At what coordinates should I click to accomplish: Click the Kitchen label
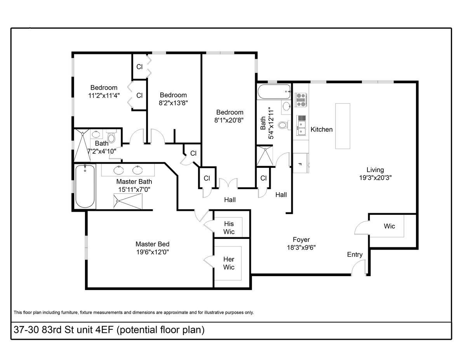point(322,129)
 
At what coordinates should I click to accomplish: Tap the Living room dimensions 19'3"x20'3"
point(375,177)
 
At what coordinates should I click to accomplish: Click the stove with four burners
point(301,99)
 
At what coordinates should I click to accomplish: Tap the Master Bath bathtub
point(85,186)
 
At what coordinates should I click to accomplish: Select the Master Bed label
point(152,244)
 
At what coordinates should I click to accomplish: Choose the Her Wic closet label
point(229,263)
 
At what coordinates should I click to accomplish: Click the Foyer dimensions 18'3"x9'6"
point(301,247)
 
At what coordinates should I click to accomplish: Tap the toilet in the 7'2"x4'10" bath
point(111,137)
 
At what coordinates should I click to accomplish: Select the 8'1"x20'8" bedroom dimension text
point(230,120)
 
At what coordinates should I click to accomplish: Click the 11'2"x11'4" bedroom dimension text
point(104,95)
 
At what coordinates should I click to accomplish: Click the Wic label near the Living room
point(389,226)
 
